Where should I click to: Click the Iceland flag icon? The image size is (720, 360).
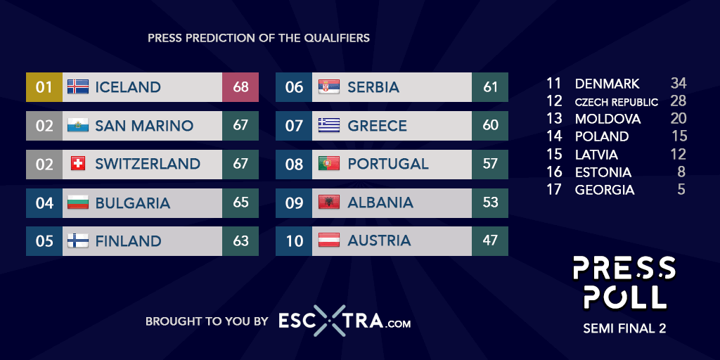pos(78,86)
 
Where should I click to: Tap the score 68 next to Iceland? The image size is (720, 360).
pos(240,86)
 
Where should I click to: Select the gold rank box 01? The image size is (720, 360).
pos(44,86)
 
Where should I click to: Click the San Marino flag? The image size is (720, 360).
pos(78,125)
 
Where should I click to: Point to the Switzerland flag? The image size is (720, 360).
pos(78,163)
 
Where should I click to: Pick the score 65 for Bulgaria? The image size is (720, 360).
pos(240,202)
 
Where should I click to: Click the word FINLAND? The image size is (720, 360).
pos(128,240)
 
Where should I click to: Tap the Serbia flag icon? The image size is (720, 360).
pos(329,86)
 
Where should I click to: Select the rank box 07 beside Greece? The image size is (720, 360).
pos(294,125)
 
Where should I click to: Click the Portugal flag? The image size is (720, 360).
pos(329,163)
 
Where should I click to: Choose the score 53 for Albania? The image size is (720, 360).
pos(490,202)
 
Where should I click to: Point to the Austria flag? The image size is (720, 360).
pos(329,240)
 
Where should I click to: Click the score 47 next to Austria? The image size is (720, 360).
pos(490,240)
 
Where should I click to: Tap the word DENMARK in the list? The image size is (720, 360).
pos(607,84)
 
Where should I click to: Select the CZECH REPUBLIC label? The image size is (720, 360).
pos(617,102)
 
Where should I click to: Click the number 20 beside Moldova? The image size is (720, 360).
pos(679,118)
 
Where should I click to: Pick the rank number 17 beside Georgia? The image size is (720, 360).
pos(554,190)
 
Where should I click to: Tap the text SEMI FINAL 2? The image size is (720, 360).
pos(624,329)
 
